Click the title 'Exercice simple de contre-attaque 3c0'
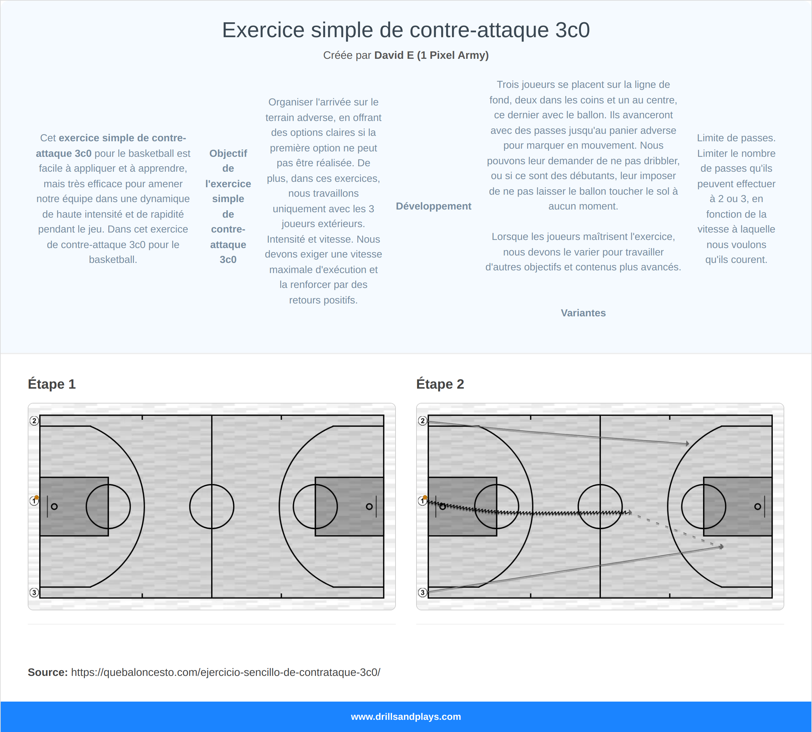(x=406, y=30)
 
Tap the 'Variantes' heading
(x=583, y=313)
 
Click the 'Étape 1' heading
(x=51, y=384)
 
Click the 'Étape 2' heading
(x=440, y=384)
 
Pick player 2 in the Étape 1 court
(x=34, y=421)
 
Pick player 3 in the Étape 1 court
(x=34, y=592)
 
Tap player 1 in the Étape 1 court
(x=34, y=501)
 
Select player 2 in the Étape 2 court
(x=422, y=421)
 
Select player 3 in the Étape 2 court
(x=422, y=592)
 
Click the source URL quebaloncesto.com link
(x=225, y=673)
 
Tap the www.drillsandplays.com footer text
(x=406, y=717)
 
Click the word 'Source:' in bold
(x=47, y=673)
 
